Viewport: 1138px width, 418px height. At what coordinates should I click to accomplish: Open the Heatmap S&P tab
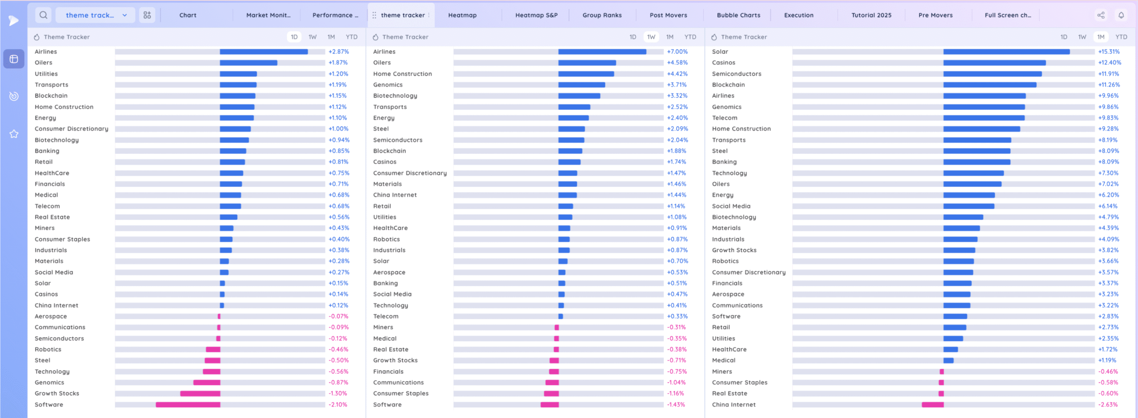pyautogui.click(x=536, y=15)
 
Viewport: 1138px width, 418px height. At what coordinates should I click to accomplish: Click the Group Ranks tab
pyautogui.click(x=602, y=15)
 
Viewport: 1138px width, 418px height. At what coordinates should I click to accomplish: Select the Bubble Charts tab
pyautogui.click(x=738, y=15)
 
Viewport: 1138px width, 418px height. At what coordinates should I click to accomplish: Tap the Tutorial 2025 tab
pyautogui.click(x=871, y=15)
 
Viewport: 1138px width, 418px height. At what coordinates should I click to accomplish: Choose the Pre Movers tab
pyautogui.click(x=935, y=15)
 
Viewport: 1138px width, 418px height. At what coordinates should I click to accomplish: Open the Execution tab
pyautogui.click(x=798, y=15)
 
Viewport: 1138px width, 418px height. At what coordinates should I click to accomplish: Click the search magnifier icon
pyautogui.click(x=43, y=15)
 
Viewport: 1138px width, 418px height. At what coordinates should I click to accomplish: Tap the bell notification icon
pyautogui.click(x=1121, y=15)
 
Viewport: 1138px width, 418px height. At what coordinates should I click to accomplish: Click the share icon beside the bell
pyautogui.click(x=1101, y=15)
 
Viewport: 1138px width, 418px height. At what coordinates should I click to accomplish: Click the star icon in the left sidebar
pyautogui.click(x=14, y=134)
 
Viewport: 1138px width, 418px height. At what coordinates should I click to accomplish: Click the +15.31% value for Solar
pyautogui.click(x=1109, y=52)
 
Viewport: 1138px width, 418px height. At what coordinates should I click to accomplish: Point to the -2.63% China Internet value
pyautogui.click(x=1108, y=405)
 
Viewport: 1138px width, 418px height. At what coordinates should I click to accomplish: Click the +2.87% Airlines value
pyautogui.click(x=339, y=52)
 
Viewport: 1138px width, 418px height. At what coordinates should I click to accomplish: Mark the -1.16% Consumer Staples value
pyautogui.click(x=676, y=394)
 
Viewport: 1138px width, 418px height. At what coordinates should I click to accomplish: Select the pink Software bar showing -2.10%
pyautogui.click(x=188, y=405)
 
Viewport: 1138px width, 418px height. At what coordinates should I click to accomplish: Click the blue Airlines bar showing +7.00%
pyautogui.click(x=602, y=52)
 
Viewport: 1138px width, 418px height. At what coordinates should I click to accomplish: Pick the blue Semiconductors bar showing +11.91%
pyautogui.click(x=992, y=74)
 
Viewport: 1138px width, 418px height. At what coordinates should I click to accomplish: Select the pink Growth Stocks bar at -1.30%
pyautogui.click(x=200, y=394)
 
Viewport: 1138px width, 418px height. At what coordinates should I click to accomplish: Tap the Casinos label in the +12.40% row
pyautogui.click(x=723, y=63)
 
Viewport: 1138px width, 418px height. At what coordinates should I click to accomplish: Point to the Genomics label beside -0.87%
pyautogui.click(x=49, y=382)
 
